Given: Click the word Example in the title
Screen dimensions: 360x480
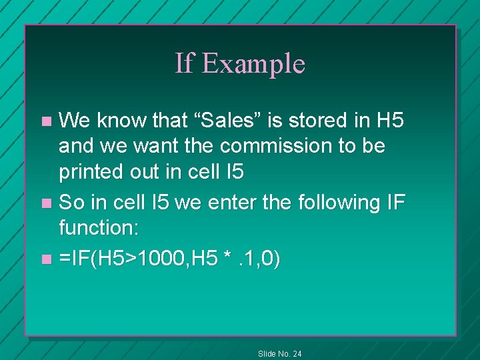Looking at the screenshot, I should [253, 64].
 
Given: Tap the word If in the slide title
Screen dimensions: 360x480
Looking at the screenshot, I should [184, 63].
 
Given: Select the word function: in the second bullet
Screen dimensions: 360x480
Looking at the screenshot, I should [99, 229].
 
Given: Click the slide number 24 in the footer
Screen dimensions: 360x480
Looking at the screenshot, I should [296, 353].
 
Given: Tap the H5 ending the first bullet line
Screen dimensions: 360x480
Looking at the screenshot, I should [390, 121].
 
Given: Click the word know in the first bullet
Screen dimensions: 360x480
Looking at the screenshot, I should [118, 121].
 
